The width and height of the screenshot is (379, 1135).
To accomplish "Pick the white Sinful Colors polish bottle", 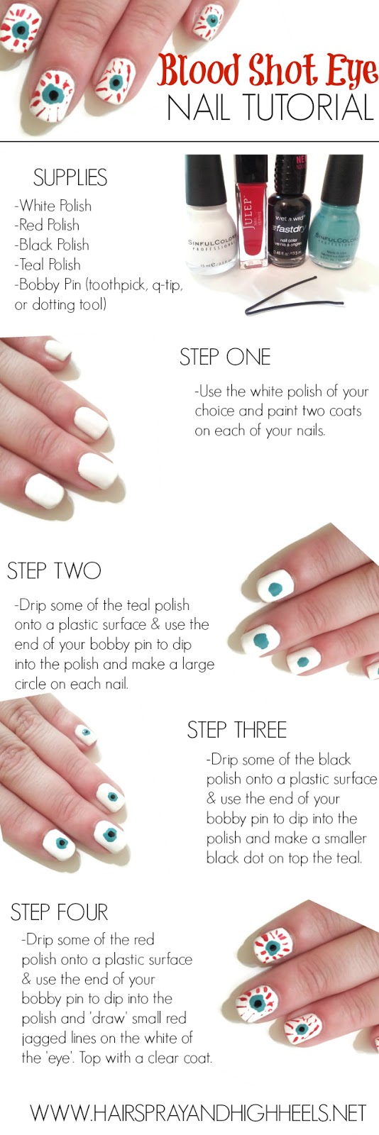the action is [210, 214].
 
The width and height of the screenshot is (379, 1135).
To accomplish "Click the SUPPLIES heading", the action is [70, 177].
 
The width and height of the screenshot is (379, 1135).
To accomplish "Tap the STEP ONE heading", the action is [225, 357].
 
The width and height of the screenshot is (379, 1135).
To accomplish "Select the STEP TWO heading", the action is [54, 570].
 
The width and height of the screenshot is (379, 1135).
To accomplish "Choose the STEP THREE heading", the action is [236, 730].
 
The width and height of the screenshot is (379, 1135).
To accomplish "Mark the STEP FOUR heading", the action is [60, 912].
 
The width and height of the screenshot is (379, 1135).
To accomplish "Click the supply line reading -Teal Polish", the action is [48, 265].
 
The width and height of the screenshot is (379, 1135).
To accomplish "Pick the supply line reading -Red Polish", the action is [47, 225].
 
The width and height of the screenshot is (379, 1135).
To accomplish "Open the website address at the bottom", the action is [198, 1113].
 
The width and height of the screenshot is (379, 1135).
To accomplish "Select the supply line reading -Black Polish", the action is [52, 245].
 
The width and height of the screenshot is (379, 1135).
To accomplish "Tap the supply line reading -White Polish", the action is [53, 205].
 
